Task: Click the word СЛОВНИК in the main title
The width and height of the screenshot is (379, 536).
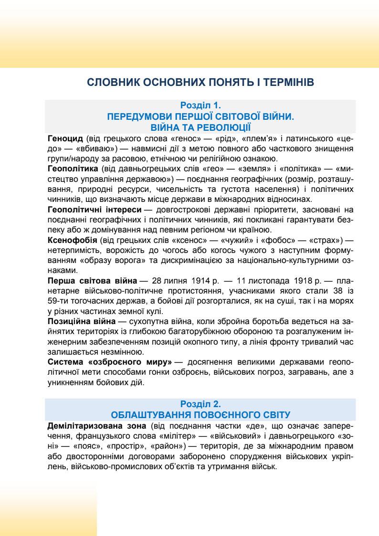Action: tap(110, 83)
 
